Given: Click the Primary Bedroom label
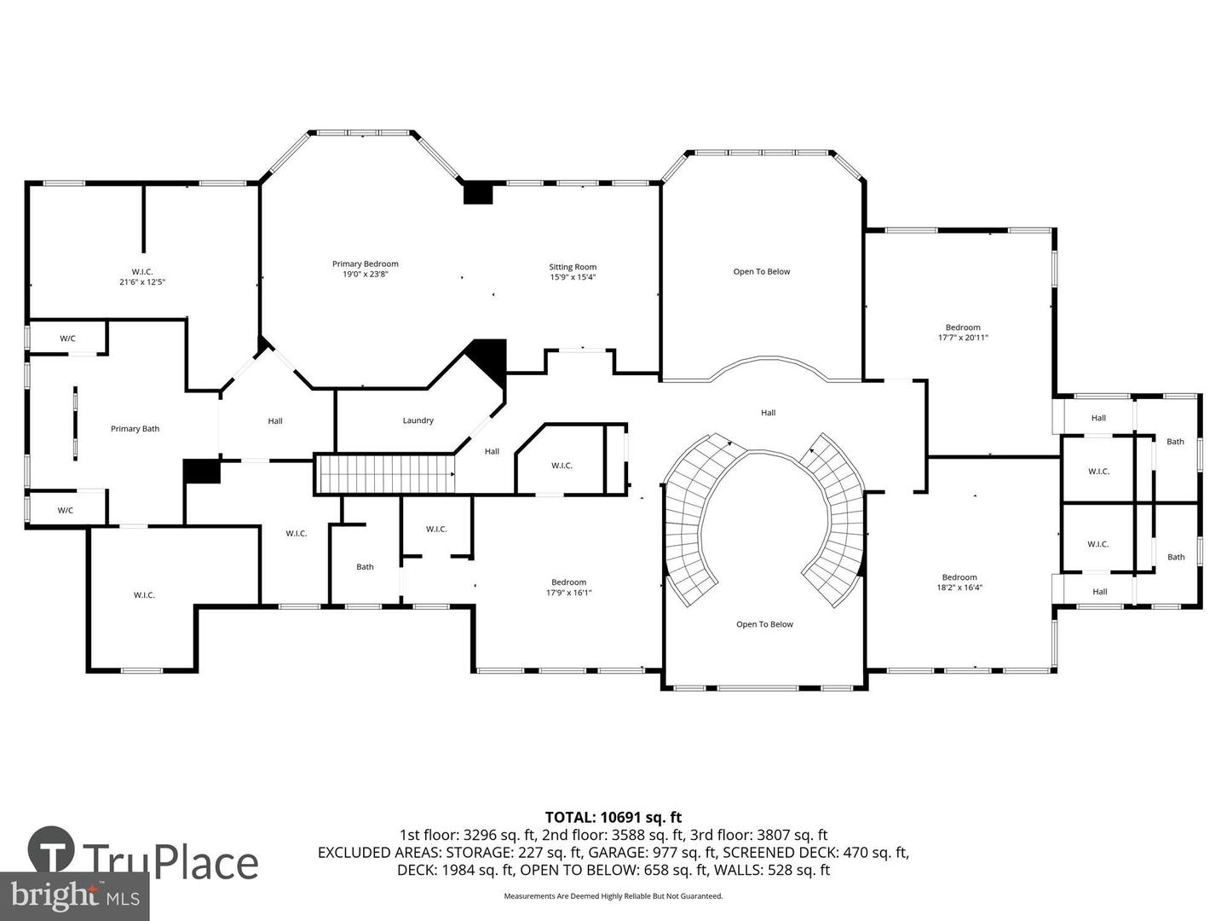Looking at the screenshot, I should coord(365,264).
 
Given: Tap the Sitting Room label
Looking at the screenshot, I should coord(573,267).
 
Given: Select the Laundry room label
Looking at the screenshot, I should coord(418,420).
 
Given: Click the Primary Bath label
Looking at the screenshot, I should coord(135,429).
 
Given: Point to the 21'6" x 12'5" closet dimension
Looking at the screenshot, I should coord(142,281).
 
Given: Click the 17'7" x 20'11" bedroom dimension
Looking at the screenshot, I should coord(963,338).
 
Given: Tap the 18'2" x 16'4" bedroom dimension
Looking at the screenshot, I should coord(959,588).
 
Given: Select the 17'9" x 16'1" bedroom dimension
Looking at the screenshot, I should coord(568,593).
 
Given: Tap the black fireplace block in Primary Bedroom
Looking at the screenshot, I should coord(478,193).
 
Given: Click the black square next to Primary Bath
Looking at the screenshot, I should coord(202,472).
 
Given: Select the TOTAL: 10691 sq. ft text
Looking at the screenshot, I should coord(613,818).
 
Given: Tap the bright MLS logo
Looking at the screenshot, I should coord(74,895).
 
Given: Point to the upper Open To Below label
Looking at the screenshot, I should coord(762,272).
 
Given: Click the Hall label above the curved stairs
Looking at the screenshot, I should coord(768,413).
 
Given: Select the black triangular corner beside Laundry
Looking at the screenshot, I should coord(490,356).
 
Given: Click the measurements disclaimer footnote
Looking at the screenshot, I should coord(613,896).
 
